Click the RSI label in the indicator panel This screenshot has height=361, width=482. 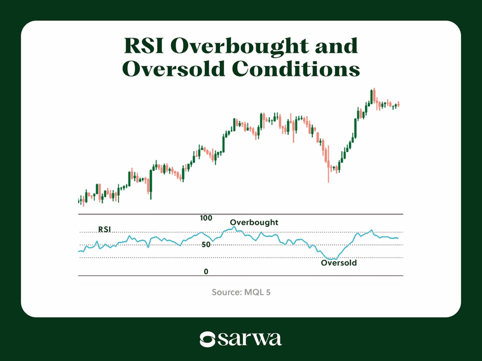coord(105,229)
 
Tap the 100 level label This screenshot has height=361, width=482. coord(206,218)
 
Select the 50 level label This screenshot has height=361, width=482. coord(206,245)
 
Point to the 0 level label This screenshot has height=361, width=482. coord(206,272)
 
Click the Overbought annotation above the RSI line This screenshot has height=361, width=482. coord(254,222)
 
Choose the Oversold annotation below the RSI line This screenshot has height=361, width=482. coord(338,263)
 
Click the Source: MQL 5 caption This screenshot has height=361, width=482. coord(241,292)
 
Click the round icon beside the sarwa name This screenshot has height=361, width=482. coord(208,339)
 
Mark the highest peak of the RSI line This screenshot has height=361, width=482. coord(234,227)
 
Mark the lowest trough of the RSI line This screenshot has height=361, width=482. coord(332,259)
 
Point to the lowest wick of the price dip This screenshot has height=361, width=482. coord(329,181)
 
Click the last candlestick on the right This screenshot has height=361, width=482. coord(399,104)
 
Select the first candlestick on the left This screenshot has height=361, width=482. coord(79,201)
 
